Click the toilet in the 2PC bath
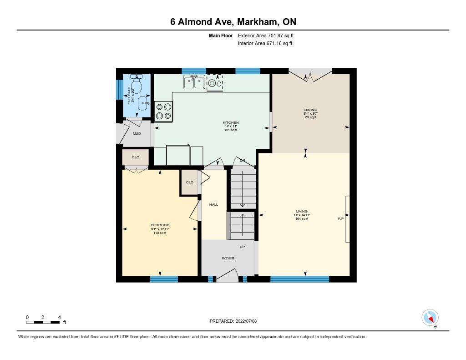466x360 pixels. [x=137, y=83]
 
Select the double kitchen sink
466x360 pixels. [x=194, y=82]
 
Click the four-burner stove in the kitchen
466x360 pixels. [x=164, y=111]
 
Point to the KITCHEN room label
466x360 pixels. [x=231, y=122]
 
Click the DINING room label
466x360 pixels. [x=310, y=110]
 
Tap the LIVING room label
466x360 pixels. [x=302, y=211]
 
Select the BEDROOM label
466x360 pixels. [x=160, y=225]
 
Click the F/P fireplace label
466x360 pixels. [x=341, y=219]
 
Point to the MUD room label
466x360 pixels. [x=137, y=133]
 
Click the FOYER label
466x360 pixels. [x=228, y=259]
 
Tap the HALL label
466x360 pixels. [x=213, y=204]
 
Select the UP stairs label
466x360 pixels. [x=242, y=247]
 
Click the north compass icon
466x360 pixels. [x=430, y=318]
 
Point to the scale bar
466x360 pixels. [x=43, y=322]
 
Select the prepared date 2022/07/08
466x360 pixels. [x=246, y=321]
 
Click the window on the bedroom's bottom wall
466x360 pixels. [x=164, y=279]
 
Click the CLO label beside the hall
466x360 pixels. [x=190, y=182]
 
